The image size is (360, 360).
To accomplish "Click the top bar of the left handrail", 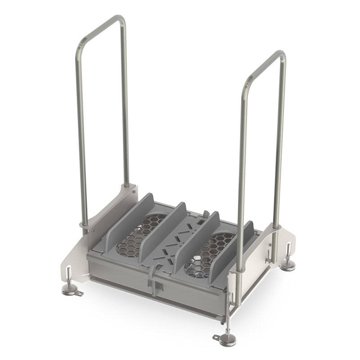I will pyautogui.click(x=102, y=27).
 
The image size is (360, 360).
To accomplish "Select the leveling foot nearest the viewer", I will pyautogui.click(x=225, y=339).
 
